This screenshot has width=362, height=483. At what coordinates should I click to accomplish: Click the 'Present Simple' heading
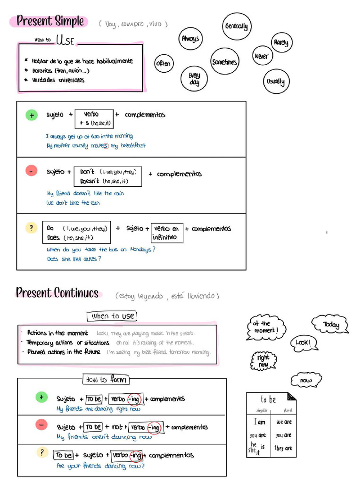(50, 21)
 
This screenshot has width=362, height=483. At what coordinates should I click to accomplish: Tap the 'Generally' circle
(236, 26)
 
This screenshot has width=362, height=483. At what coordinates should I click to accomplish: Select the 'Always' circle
(190, 39)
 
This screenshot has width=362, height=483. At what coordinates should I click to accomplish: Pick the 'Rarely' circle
(281, 43)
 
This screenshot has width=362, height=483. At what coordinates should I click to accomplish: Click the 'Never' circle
(261, 57)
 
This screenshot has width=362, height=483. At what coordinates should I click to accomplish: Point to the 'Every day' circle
(194, 79)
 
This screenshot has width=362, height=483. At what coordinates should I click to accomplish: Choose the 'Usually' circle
(276, 82)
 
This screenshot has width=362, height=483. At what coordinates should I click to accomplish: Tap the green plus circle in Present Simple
(32, 115)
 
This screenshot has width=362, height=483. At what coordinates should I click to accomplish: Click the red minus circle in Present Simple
(31, 172)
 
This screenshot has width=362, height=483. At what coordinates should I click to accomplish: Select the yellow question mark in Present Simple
(31, 228)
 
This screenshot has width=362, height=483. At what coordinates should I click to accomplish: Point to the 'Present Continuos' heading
(58, 293)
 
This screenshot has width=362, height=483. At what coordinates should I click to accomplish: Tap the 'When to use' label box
(112, 316)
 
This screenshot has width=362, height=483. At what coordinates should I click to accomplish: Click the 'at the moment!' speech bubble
(265, 327)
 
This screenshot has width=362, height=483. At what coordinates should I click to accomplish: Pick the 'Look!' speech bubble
(303, 343)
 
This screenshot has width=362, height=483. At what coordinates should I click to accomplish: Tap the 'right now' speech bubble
(263, 361)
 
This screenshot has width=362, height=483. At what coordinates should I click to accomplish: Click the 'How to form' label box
(107, 379)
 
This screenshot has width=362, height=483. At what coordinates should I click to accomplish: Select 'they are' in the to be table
(284, 448)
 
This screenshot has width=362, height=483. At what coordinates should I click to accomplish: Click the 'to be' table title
(268, 400)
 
